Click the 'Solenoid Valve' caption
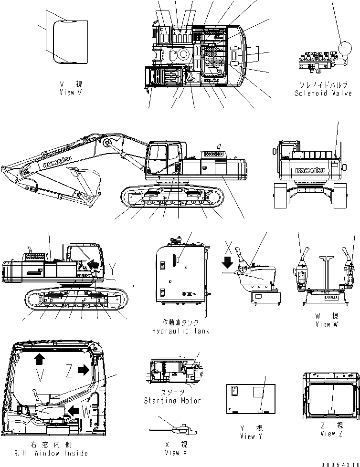point(323,93)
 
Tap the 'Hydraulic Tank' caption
point(180,331)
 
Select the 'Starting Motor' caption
point(172,401)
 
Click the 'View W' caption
point(327,324)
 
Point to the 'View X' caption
point(175,452)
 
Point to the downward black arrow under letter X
point(228,261)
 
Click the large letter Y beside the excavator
point(111,267)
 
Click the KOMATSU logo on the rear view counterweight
point(310,170)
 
